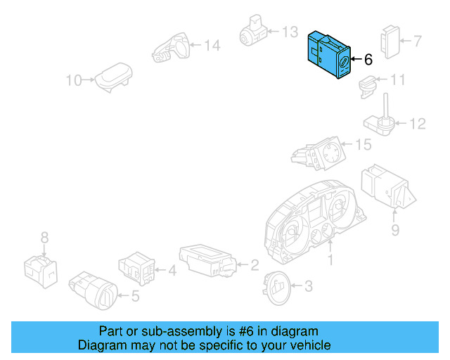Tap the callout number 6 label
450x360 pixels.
[368, 60]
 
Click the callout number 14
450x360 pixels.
[212, 46]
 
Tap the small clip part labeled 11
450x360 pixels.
[366, 86]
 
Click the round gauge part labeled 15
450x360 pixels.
[323, 155]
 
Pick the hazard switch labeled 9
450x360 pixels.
[382, 188]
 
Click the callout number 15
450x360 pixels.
[363, 146]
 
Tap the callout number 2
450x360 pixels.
[254, 265]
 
